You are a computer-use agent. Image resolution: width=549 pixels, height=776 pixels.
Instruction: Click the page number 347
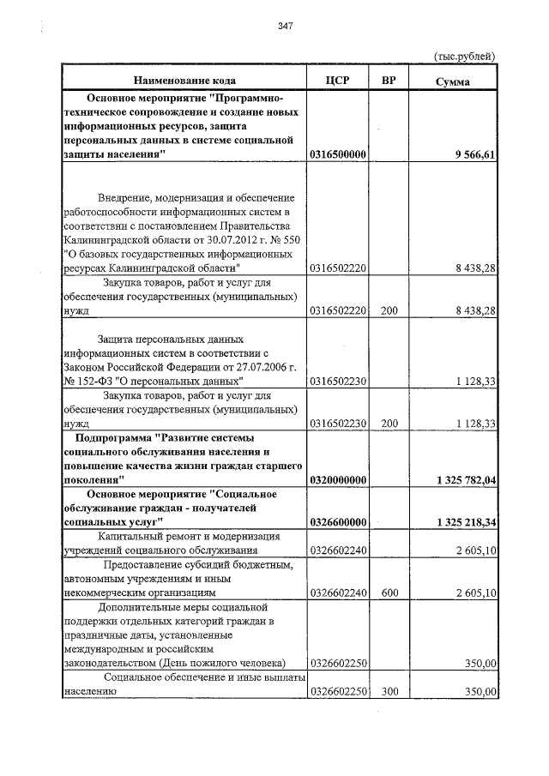pos(286,26)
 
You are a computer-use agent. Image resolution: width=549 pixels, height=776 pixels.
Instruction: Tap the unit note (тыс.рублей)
pos(462,57)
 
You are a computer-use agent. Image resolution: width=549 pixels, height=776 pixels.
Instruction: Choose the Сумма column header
pos(452,81)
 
